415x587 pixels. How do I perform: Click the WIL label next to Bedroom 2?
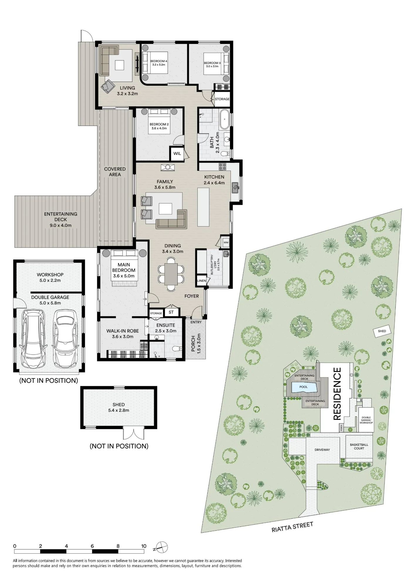pos(177,154)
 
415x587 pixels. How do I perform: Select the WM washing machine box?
pos(226,242)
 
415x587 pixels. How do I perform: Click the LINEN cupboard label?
pos(201,281)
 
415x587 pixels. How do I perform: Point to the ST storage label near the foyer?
pos(171,312)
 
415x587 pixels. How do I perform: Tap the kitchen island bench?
pos(203,207)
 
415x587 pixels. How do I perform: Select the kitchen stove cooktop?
pos(222,167)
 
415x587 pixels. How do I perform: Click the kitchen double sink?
pos(235,188)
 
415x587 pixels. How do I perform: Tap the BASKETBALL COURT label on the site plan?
pos(359,446)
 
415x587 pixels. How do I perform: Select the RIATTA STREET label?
pos(292,527)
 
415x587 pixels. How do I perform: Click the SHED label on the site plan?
pos(382,331)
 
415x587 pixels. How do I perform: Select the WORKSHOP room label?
pos(50,275)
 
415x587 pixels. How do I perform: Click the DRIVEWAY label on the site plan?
pos(322,450)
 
